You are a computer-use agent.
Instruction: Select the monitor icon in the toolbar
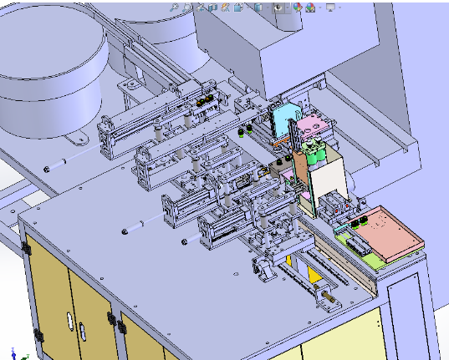[330, 8]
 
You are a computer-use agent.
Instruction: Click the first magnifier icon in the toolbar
[173, 8]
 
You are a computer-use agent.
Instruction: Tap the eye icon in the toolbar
[296, 8]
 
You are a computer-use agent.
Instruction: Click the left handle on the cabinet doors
[68, 320]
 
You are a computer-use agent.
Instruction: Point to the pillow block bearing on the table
[265, 270]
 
